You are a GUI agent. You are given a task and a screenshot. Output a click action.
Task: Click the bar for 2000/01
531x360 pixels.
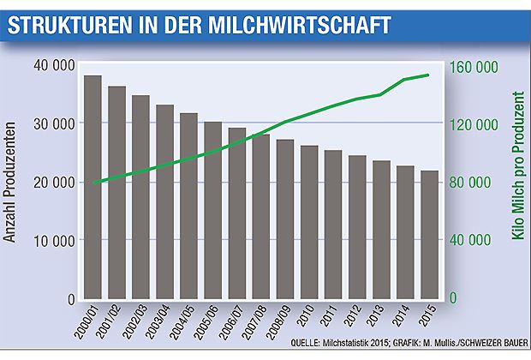coord(93,188)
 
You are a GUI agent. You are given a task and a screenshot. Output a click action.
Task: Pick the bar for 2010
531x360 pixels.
coord(309,223)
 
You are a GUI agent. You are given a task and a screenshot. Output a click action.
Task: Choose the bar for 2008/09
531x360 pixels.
coord(285,219)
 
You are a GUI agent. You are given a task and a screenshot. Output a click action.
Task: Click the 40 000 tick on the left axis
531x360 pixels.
coord(53,65)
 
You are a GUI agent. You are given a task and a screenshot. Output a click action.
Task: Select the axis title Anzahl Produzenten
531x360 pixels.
coord(12,182)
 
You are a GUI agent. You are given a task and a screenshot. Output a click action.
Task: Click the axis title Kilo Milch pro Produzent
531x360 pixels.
coord(516,182)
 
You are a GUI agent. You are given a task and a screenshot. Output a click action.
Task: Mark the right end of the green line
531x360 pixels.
coord(429,75)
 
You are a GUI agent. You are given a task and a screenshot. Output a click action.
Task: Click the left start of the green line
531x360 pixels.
coord(93,183)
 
